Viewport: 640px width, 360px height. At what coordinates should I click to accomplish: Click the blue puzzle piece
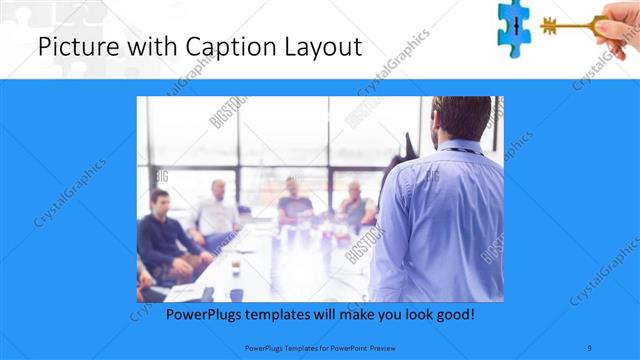pos(514,24)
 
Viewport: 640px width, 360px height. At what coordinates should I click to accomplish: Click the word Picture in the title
pos(76,46)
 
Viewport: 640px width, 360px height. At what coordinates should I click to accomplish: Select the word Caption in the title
pos(209,46)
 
